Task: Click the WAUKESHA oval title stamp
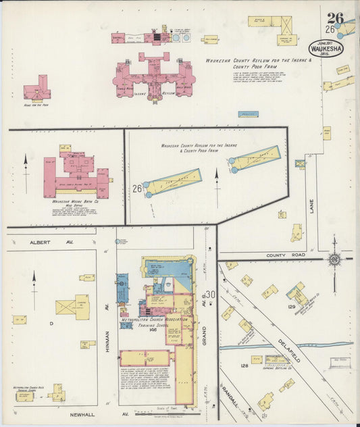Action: coord(327,49)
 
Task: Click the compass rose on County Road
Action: coord(334,259)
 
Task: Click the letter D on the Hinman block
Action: coord(51,324)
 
